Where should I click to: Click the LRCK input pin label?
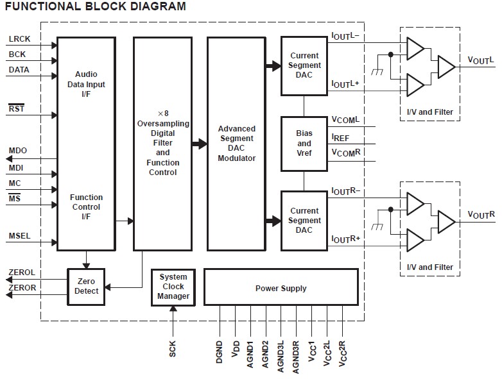click(19, 39)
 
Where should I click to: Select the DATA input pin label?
click(19, 70)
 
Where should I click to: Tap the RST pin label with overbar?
click(16, 108)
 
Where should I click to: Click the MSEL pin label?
click(20, 236)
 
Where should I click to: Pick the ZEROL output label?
click(22, 273)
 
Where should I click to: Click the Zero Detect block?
click(86, 286)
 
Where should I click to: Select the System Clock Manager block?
click(173, 287)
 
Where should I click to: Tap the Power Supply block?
click(281, 289)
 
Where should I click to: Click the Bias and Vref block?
click(304, 143)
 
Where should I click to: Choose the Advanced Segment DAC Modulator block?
click(236, 144)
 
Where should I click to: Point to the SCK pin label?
click(173, 349)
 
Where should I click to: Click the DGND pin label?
click(220, 353)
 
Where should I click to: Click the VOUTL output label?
click(481, 60)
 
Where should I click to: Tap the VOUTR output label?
click(481, 215)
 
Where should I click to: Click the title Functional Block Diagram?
click(96, 7)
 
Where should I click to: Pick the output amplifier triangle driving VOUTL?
click(446, 65)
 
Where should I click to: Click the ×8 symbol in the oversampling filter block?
click(163, 112)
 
